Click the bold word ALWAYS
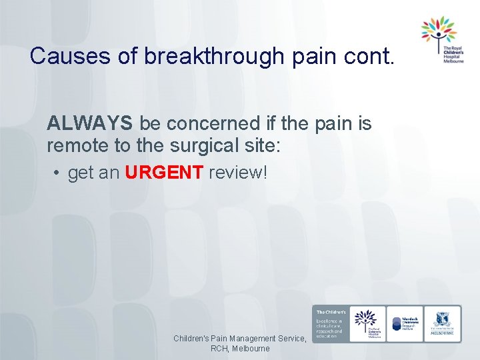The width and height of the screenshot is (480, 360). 90,123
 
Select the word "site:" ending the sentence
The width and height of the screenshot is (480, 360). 265,144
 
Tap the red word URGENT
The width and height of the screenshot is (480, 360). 163,173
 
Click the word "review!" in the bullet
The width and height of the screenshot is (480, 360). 237,173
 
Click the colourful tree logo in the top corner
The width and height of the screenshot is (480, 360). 438,29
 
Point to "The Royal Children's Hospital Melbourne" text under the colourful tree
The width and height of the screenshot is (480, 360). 453,53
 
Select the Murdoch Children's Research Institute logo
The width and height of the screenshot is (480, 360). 405,323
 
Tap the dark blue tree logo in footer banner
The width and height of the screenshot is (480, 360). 366,321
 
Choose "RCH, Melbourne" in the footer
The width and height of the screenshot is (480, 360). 240,349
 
